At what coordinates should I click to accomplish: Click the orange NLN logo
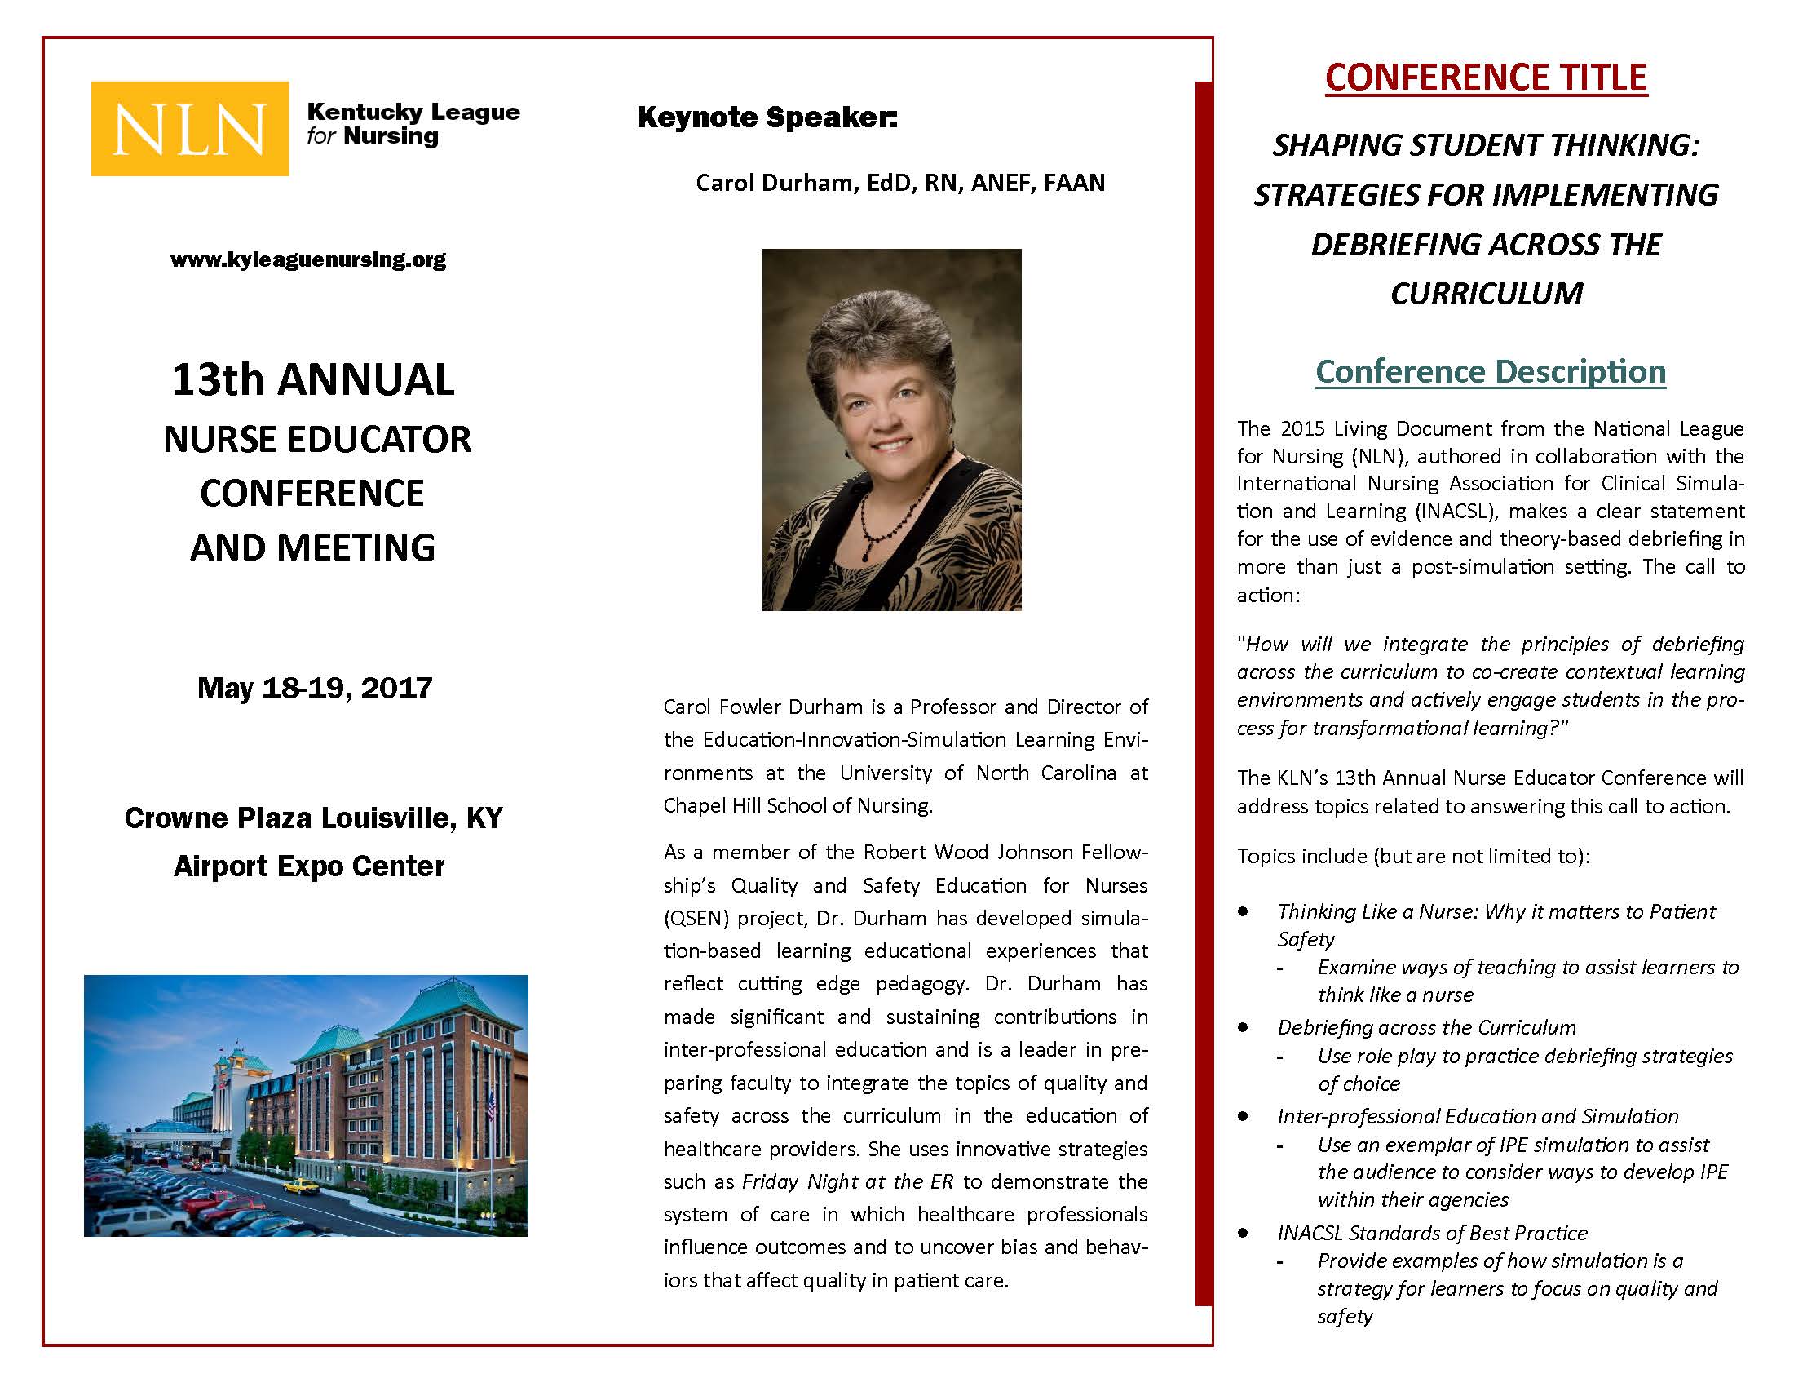[190, 129]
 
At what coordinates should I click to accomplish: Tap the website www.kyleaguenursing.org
[308, 259]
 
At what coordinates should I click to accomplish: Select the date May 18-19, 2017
[315, 688]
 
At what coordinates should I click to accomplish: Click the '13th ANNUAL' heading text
[313, 379]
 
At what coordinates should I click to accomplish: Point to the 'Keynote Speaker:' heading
[767, 117]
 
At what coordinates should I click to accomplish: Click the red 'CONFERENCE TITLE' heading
[1486, 78]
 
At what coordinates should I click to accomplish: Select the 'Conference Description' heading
[1490, 371]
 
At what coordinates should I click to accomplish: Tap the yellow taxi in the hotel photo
[303, 1185]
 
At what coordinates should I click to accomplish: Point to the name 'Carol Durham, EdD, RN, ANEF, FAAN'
[900, 183]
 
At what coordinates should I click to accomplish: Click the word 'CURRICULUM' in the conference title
[1486, 294]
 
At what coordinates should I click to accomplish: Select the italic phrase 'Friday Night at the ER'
[848, 1181]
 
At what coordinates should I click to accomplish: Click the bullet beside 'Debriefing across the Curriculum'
[1244, 1027]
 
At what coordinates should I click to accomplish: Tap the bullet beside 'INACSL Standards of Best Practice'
[1244, 1233]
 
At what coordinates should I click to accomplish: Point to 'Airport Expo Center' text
[309, 866]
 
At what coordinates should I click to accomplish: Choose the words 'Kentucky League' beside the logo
[413, 112]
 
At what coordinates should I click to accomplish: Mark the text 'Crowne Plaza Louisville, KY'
[313, 818]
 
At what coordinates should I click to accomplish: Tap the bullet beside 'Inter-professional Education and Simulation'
[1244, 1116]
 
